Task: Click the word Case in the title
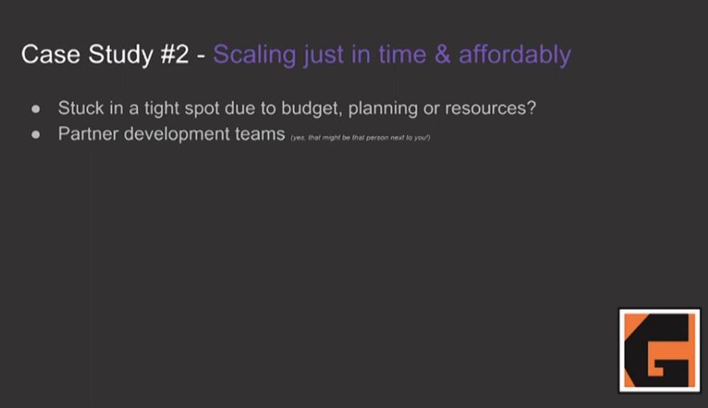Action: point(51,55)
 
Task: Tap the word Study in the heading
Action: point(120,55)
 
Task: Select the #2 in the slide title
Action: point(175,55)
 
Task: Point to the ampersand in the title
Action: point(442,55)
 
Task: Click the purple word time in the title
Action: point(402,55)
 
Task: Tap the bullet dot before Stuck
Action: point(35,109)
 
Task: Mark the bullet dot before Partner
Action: point(35,135)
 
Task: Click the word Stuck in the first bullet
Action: point(81,108)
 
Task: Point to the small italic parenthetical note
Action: point(360,138)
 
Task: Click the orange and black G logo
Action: point(659,351)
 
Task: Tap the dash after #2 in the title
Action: point(201,56)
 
